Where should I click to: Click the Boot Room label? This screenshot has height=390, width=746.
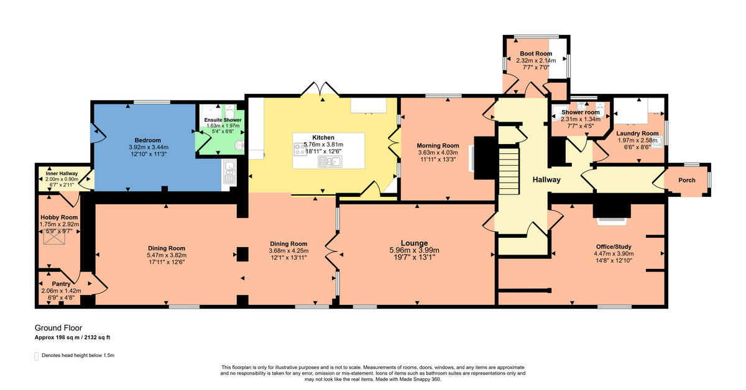tap(535, 54)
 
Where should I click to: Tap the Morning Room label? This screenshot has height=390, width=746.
tap(438, 145)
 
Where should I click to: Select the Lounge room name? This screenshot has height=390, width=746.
tap(414, 243)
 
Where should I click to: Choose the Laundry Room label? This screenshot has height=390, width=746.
tap(637, 134)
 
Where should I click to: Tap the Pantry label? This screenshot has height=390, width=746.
tap(61, 284)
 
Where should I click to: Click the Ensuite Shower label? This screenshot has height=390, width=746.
tap(223, 120)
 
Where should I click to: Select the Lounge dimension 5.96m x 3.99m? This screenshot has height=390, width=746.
tap(414, 250)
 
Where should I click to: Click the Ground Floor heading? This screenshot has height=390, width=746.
tap(58, 328)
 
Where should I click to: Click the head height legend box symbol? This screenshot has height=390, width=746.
tap(36, 356)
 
